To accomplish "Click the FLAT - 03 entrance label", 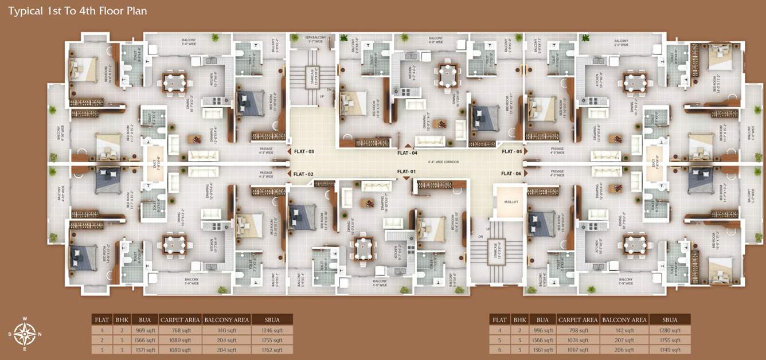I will [304, 152].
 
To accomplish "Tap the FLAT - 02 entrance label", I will [304, 174].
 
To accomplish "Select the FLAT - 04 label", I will [407, 153].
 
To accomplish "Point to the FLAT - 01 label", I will [405, 171].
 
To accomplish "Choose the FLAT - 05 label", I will [511, 152].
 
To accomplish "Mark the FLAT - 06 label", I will [511, 174].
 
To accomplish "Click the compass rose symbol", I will [25, 333].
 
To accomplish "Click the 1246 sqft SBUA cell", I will [271, 330].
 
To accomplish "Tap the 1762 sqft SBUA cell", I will [271, 349].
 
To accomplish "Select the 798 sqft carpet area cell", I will [578, 330].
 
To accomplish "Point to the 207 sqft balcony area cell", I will [624, 340].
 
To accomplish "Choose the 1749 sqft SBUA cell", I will [669, 349].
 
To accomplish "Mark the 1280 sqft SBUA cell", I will [669, 330].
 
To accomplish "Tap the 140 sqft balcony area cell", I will [226, 330].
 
